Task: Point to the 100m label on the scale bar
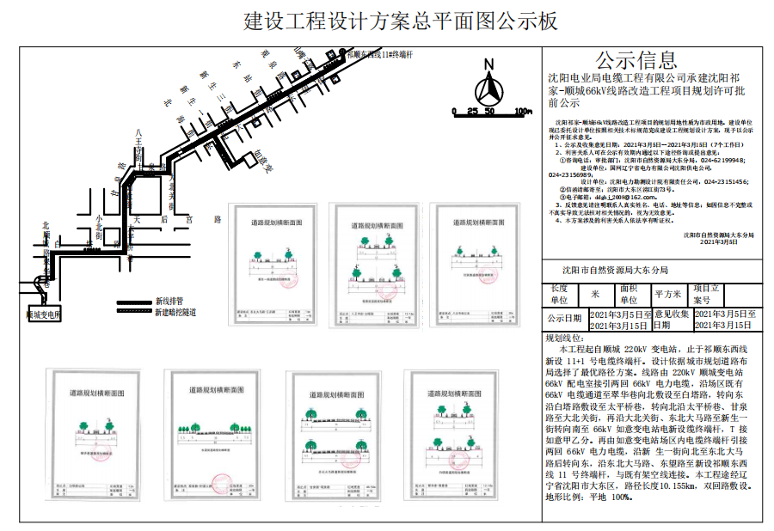click(522, 112)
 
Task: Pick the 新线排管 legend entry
click(167, 302)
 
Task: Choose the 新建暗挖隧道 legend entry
click(175, 312)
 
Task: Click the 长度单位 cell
click(560, 295)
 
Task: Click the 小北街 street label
click(100, 226)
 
